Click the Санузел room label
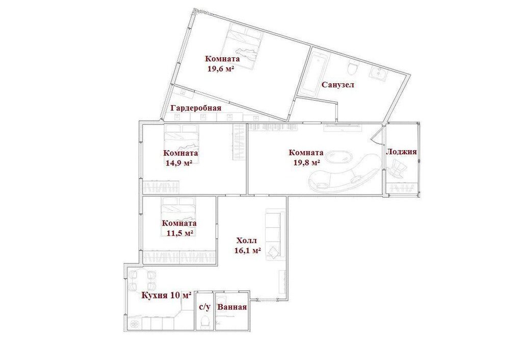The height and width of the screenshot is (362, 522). pos(337,85)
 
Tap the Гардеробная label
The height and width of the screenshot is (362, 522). pos(196,108)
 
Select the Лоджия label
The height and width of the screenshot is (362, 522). pos(401,152)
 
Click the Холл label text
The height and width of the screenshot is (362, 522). pos(246,240)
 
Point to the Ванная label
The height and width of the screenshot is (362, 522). pos(232,307)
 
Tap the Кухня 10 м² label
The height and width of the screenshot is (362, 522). pos(167,295)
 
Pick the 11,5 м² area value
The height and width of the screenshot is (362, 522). pos(180,233)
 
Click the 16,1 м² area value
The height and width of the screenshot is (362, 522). pos(247,251)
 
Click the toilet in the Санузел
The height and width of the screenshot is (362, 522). pos(352,68)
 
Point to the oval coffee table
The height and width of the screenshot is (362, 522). pos(338,157)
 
